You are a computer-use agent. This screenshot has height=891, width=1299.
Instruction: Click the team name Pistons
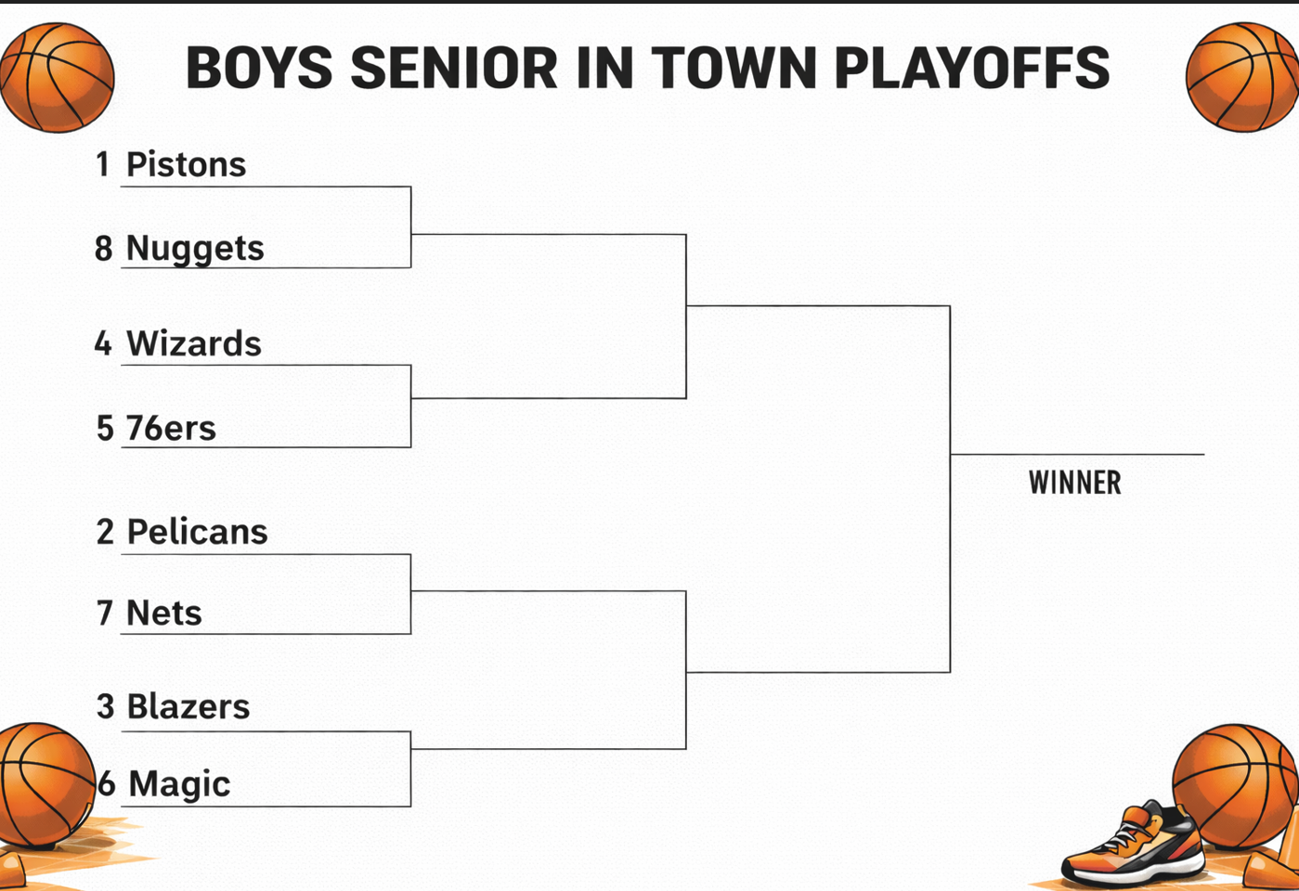186,164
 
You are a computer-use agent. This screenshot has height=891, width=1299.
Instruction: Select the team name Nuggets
195,248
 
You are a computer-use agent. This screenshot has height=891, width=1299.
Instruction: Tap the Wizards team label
194,343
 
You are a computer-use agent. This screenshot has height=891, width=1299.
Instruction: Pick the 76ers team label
171,428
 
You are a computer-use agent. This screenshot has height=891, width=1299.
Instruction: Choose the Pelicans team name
197,532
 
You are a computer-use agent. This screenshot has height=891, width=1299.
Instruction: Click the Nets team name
164,613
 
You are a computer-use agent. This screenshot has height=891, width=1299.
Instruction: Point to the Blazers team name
188,706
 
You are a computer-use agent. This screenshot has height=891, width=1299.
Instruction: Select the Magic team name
179,783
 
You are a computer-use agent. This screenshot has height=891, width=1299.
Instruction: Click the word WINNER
1074,483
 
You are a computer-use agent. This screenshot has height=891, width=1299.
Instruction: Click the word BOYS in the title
259,68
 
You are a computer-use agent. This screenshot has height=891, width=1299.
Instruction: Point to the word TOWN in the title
734,68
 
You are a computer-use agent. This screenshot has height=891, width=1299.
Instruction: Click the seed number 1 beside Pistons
103,164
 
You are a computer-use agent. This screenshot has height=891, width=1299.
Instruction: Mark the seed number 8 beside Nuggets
103,248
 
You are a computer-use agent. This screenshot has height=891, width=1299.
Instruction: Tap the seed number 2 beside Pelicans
105,532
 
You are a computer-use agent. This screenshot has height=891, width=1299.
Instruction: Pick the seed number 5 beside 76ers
105,428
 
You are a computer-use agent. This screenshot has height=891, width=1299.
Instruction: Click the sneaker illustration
1133,846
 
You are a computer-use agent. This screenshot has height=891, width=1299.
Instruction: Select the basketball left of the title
57,77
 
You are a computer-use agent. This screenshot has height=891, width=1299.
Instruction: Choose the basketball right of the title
1242,77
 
